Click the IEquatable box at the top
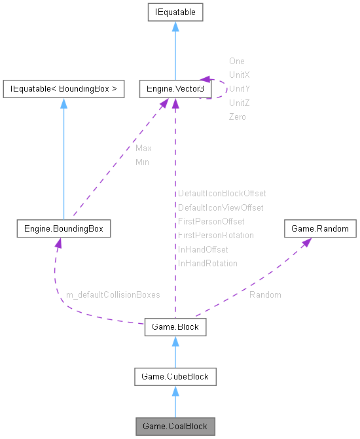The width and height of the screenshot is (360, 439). [175, 12]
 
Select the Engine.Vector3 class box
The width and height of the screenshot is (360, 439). [175, 89]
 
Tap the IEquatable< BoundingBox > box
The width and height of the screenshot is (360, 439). [63, 89]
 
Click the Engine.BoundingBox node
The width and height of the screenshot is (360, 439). [63, 229]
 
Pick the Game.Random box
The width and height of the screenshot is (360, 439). [320, 229]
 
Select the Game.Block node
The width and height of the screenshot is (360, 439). [175, 326]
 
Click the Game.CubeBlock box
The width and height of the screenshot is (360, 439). [175, 376]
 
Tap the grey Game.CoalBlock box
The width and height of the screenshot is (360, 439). [175, 426]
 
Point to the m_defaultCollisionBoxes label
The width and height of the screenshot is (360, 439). [113, 295]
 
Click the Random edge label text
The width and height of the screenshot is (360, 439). [265, 295]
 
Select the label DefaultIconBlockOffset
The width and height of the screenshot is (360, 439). [222, 194]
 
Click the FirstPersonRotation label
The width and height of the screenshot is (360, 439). [215, 235]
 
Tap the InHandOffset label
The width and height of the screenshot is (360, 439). [203, 249]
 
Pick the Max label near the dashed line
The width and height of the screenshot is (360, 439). [143, 149]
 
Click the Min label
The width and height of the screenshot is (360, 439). [142, 162]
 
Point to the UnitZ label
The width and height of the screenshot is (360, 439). [238, 103]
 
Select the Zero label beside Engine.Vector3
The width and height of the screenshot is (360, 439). [237, 116]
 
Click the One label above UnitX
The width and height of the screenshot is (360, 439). [236, 61]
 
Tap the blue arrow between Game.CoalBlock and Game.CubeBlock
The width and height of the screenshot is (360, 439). [175, 401]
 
